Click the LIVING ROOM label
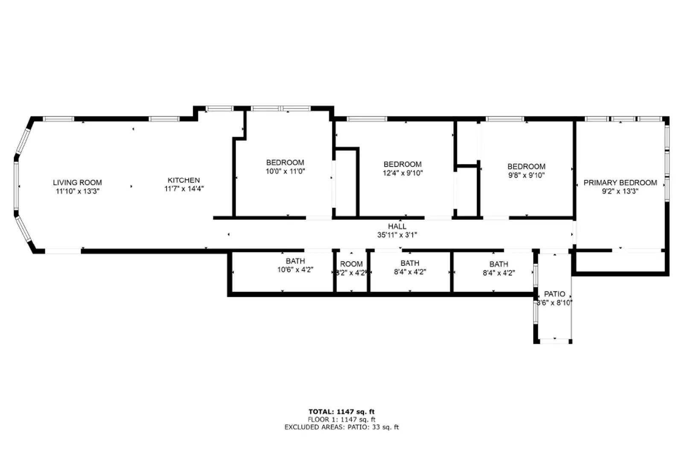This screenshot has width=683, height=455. (x=77, y=183)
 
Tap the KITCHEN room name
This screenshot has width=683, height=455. (x=184, y=181)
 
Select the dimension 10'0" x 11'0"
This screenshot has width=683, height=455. (x=285, y=172)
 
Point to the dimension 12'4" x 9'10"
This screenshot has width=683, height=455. (x=403, y=173)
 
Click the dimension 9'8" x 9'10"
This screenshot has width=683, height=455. (x=526, y=175)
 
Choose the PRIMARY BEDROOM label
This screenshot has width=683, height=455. (x=620, y=183)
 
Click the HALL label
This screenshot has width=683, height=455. (x=397, y=227)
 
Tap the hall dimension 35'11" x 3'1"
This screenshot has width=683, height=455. (x=397, y=235)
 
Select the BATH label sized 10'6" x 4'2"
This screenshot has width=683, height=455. (x=295, y=261)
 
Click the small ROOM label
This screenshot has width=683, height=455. (x=351, y=264)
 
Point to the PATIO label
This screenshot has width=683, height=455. (x=555, y=294)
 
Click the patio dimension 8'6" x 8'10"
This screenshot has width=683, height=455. (x=555, y=303)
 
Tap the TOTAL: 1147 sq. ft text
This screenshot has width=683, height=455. (x=341, y=412)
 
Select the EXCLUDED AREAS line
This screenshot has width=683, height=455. (x=341, y=427)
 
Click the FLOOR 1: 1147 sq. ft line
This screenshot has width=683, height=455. (x=341, y=420)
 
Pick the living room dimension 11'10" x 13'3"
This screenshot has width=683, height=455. (x=77, y=191)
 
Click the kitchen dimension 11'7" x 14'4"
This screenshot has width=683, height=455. (x=184, y=189)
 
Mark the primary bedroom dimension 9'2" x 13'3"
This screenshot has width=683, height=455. (x=620, y=191)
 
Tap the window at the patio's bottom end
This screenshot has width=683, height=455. (x=554, y=341)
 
